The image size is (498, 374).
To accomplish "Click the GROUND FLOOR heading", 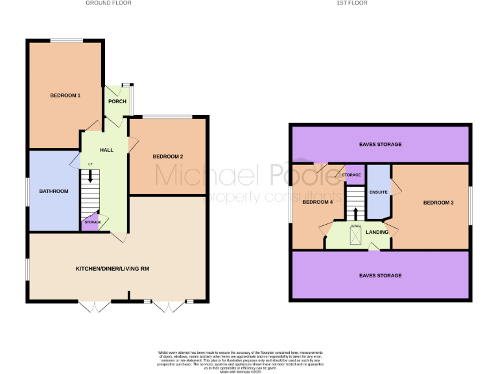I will pos(108,3).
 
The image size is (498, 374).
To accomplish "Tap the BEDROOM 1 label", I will pos(65,96).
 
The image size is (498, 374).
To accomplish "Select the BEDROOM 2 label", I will pos(168,156).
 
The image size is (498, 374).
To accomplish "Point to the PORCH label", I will pos(117,101).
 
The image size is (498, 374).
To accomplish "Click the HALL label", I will pos(106,150).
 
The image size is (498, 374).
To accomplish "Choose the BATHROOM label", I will pos(53,191).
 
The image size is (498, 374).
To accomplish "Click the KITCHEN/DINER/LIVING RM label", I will pos(113,268).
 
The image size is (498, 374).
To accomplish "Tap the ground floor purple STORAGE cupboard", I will pos(92,223).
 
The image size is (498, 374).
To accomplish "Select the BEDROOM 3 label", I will pos(438,203).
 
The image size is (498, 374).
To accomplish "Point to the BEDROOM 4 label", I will pos(318,203).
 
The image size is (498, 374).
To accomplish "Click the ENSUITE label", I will pos(378,192).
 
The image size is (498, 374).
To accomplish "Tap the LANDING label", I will pos(377,232).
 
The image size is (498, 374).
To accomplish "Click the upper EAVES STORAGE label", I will pos(380,144).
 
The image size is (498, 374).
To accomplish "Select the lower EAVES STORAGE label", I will pos(380,275).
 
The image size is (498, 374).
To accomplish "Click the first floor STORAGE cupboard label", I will pos(351,175).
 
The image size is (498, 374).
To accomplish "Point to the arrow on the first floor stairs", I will pos(355,212).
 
